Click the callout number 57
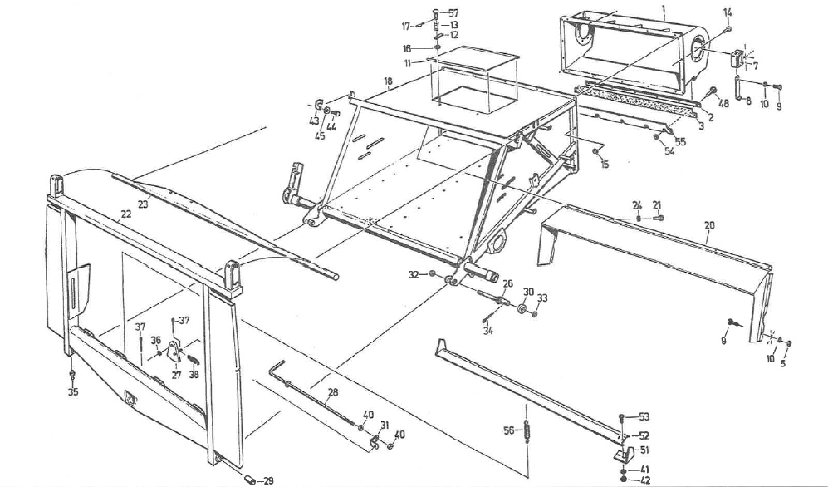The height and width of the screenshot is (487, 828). click(x=453, y=13)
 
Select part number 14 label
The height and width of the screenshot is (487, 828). click(x=728, y=12)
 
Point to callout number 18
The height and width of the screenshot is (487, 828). click(x=388, y=81)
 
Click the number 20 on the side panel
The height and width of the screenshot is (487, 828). click(x=709, y=224)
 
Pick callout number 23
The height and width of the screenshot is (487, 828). click(x=143, y=204)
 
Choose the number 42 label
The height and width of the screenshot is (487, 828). click(x=644, y=480)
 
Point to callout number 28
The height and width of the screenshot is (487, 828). click(x=333, y=391)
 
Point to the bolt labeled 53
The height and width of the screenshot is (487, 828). click(x=623, y=417)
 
